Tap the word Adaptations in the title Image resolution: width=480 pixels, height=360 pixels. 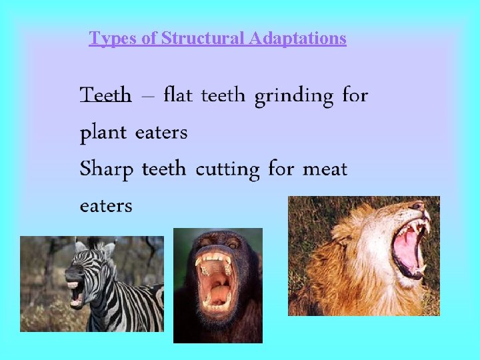297,39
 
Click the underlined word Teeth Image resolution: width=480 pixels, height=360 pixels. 105,96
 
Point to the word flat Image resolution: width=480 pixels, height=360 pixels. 177,95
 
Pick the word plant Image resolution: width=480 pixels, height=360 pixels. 103,133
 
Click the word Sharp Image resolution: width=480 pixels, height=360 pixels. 106,170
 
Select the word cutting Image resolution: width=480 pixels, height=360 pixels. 227,170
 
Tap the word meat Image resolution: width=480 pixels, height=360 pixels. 325,169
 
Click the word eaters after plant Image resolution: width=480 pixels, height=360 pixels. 161,133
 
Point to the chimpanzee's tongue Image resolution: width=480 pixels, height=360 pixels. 217,290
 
